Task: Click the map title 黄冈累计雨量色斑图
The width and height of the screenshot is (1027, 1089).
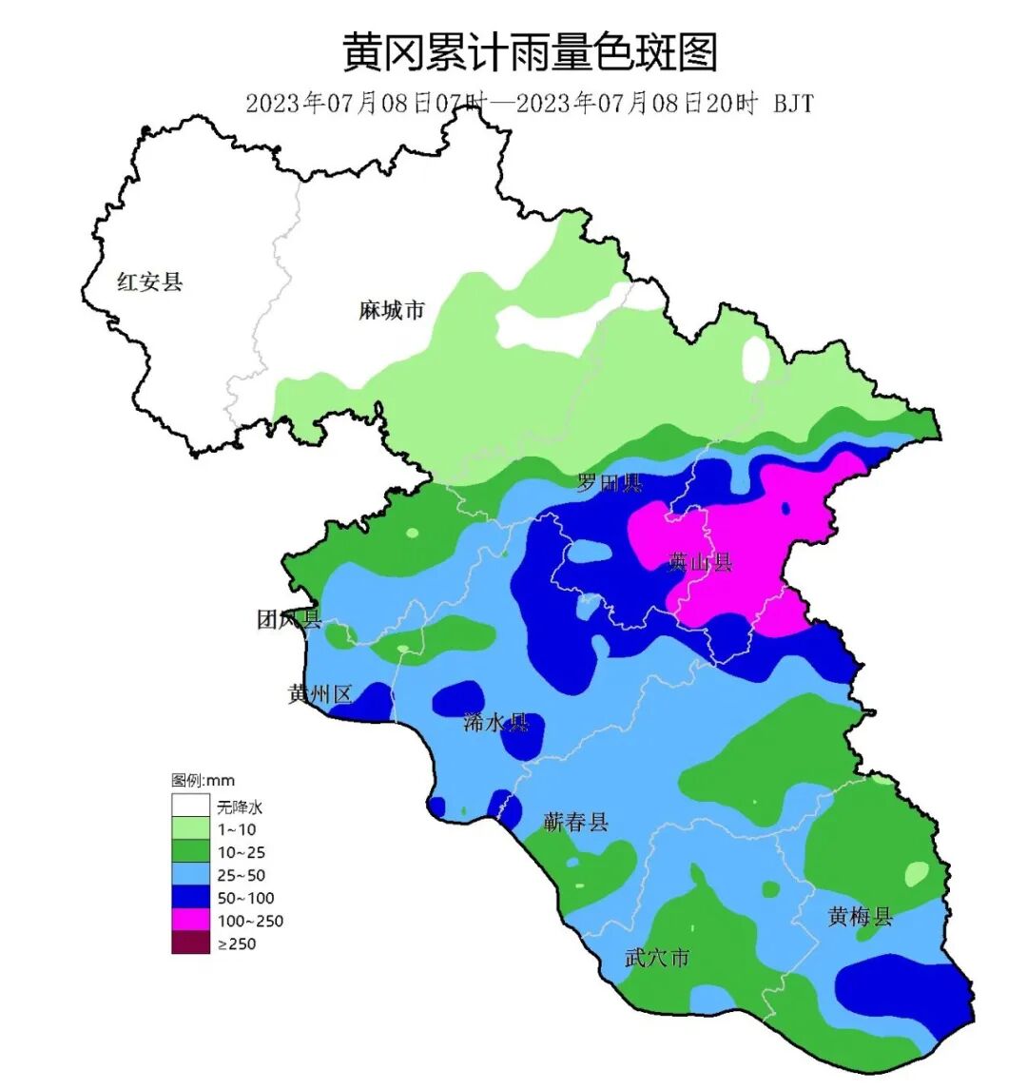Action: pyautogui.click(x=529, y=52)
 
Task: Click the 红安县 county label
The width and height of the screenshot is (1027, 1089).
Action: pyautogui.click(x=149, y=282)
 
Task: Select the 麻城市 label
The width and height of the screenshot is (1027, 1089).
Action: pyautogui.click(x=391, y=310)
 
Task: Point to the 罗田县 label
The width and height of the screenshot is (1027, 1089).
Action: pyautogui.click(x=609, y=483)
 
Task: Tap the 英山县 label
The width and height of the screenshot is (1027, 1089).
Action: pyautogui.click(x=700, y=562)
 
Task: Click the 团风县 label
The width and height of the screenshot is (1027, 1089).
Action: pyautogui.click(x=289, y=620)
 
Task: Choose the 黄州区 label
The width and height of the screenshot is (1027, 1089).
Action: pyautogui.click(x=320, y=694)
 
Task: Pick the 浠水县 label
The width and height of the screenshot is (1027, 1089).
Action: pyautogui.click(x=495, y=722)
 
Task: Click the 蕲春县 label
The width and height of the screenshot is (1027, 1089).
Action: pyautogui.click(x=575, y=822)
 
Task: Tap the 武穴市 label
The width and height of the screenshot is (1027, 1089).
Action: pyautogui.click(x=656, y=958)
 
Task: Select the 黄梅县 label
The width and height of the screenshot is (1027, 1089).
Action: pyautogui.click(x=860, y=917)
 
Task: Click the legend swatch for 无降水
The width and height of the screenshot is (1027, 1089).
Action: pyautogui.click(x=190, y=807)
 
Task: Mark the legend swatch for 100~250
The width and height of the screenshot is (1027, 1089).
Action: pyautogui.click(x=190, y=921)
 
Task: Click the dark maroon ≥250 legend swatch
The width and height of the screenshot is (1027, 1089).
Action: pyautogui.click(x=190, y=943)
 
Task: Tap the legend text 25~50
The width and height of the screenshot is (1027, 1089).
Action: pyautogui.click(x=242, y=875)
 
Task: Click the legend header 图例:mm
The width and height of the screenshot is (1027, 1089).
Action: pyautogui.click(x=203, y=781)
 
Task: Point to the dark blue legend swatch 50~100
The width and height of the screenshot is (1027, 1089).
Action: pyautogui.click(x=190, y=898)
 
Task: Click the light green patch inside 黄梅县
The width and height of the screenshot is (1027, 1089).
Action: pyautogui.click(x=917, y=873)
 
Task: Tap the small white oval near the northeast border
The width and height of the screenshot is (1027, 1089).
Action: pyautogui.click(x=755, y=360)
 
